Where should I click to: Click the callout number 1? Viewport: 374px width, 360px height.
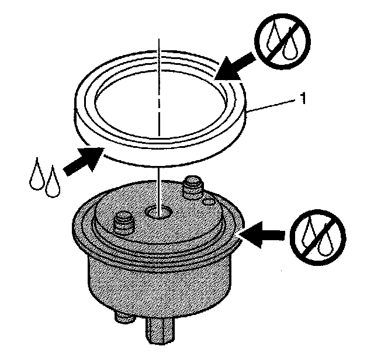click(303, 100)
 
